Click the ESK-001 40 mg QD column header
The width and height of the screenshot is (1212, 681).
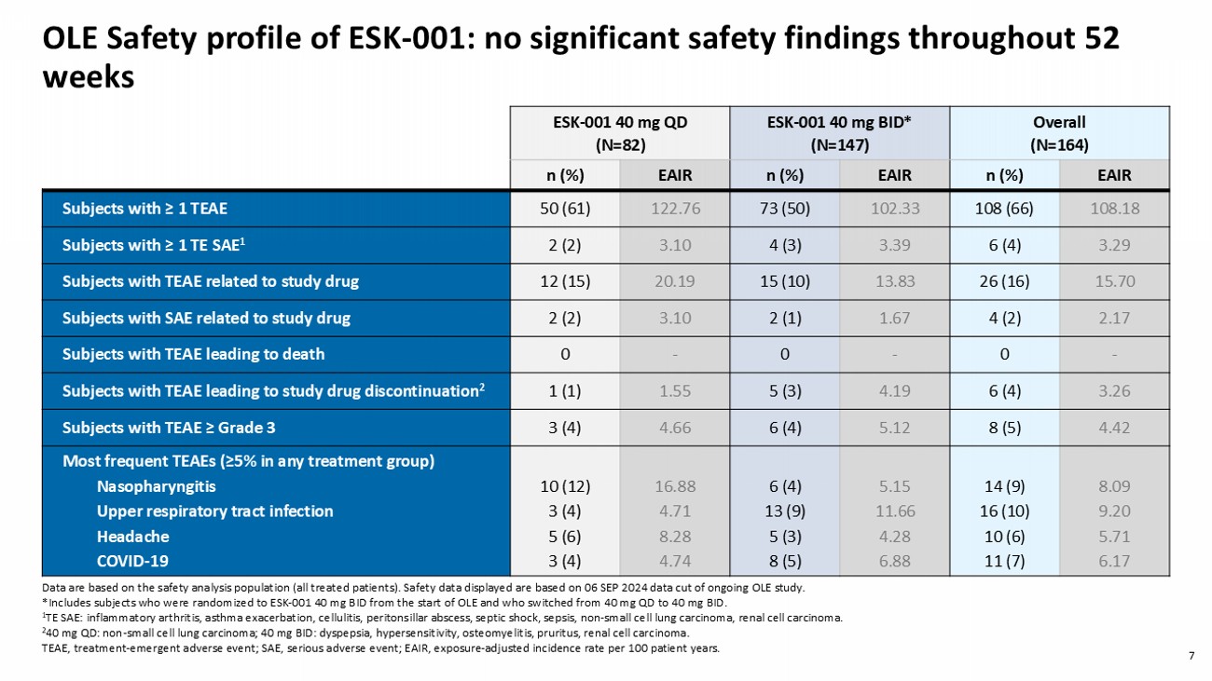coord(620,133)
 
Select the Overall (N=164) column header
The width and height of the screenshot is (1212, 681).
coord(1059,133)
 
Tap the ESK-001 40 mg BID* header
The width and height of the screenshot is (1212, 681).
coord(839,133)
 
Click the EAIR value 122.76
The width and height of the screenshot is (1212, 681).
coord(675,209)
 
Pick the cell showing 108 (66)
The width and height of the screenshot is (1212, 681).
coord(1004,209)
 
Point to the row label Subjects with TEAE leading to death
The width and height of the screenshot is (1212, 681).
coord(193,354)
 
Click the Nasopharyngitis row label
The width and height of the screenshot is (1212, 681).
coord(156,486)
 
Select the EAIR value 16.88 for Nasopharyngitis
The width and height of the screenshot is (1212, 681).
coord(675,486)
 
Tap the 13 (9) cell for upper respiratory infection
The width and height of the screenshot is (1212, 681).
coord(785,511)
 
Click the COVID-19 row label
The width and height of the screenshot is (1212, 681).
coord(132,561)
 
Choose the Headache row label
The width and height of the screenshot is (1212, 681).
coord(133,537)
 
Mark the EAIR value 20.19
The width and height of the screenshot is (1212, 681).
coord(675,281)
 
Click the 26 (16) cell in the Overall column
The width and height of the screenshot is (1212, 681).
coord(1004,281)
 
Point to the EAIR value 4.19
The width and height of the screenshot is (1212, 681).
coord(895,390)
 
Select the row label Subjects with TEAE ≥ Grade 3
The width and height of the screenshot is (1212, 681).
coord(169,428)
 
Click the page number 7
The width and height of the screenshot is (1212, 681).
coord(1191,656)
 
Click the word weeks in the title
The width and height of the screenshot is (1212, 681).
coord(89,77)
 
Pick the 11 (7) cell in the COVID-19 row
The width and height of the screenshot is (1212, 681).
coord(1004,561)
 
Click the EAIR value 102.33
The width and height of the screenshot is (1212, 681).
coord(895,209)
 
